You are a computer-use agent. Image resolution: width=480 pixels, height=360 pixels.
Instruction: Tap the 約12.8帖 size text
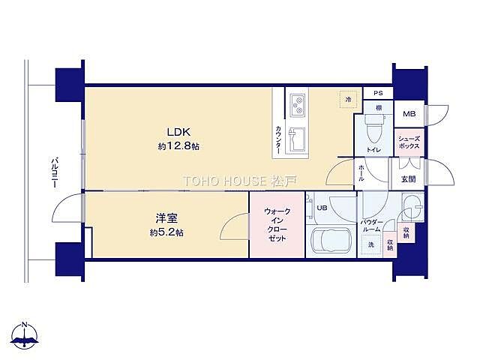tap(178, 147)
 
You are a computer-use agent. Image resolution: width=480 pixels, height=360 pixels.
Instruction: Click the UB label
tap(322, 208)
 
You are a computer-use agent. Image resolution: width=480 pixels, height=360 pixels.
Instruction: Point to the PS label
tap(378, 94)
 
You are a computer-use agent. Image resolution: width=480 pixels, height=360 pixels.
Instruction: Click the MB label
tap(409, 114)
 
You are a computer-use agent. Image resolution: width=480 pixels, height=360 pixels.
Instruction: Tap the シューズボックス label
tap(409, 142)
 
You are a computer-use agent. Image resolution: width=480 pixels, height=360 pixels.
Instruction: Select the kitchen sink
tap(296, 139)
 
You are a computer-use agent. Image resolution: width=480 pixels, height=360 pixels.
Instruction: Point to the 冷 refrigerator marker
tap(348, 99)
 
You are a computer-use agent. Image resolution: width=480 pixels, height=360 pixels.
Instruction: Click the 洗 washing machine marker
tap(370, 244)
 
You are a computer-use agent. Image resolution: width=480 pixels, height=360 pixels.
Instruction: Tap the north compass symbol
tap(25, 337)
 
